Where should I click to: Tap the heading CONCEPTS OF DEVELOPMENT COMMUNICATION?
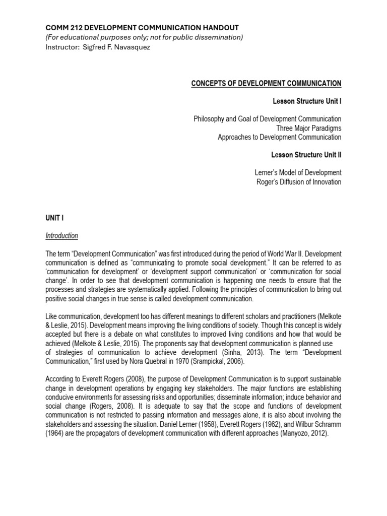pos(266,83)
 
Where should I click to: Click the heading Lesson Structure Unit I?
pos(307,101)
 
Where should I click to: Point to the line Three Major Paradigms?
pos(308,128)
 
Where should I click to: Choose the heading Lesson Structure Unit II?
pos(306,155)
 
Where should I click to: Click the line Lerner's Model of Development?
pos(298,173)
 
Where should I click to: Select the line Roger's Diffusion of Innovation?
pos(299,182)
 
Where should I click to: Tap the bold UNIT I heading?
pos(54,217)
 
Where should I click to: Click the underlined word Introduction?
pos(61,235)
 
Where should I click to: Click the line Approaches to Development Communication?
pos(279,137)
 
